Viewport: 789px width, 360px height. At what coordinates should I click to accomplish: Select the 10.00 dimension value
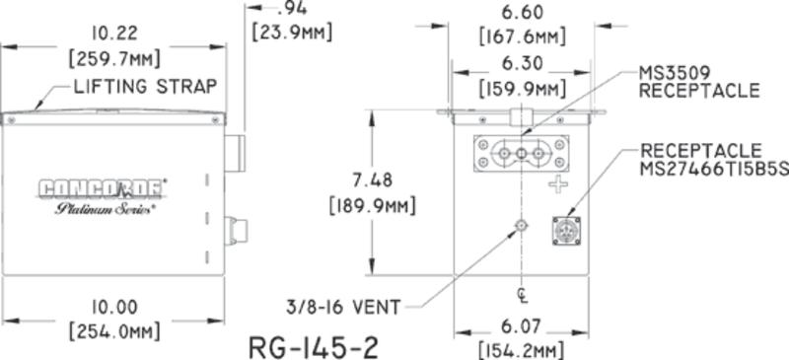click(111, 307)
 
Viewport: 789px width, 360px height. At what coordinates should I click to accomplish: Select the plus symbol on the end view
click(559, 184)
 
